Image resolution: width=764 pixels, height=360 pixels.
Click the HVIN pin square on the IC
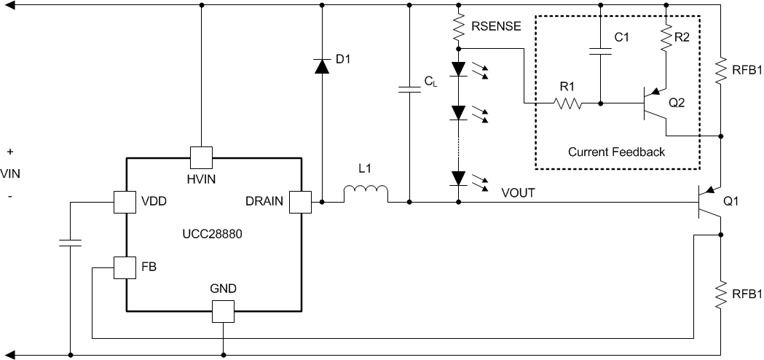coord(200,157)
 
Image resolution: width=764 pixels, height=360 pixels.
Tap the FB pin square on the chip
coord(125,267)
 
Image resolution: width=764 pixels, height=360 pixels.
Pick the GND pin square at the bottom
coord(222,312)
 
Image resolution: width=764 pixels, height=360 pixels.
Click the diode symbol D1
coord(321,66)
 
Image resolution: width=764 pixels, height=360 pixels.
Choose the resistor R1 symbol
coord(568,103)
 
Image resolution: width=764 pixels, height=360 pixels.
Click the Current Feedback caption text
coord(616,152)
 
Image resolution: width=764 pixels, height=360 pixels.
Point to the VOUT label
coord(519,193)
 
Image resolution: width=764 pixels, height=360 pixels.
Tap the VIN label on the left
coord(10,174)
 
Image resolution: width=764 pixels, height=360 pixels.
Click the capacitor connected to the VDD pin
coord(70,242)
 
